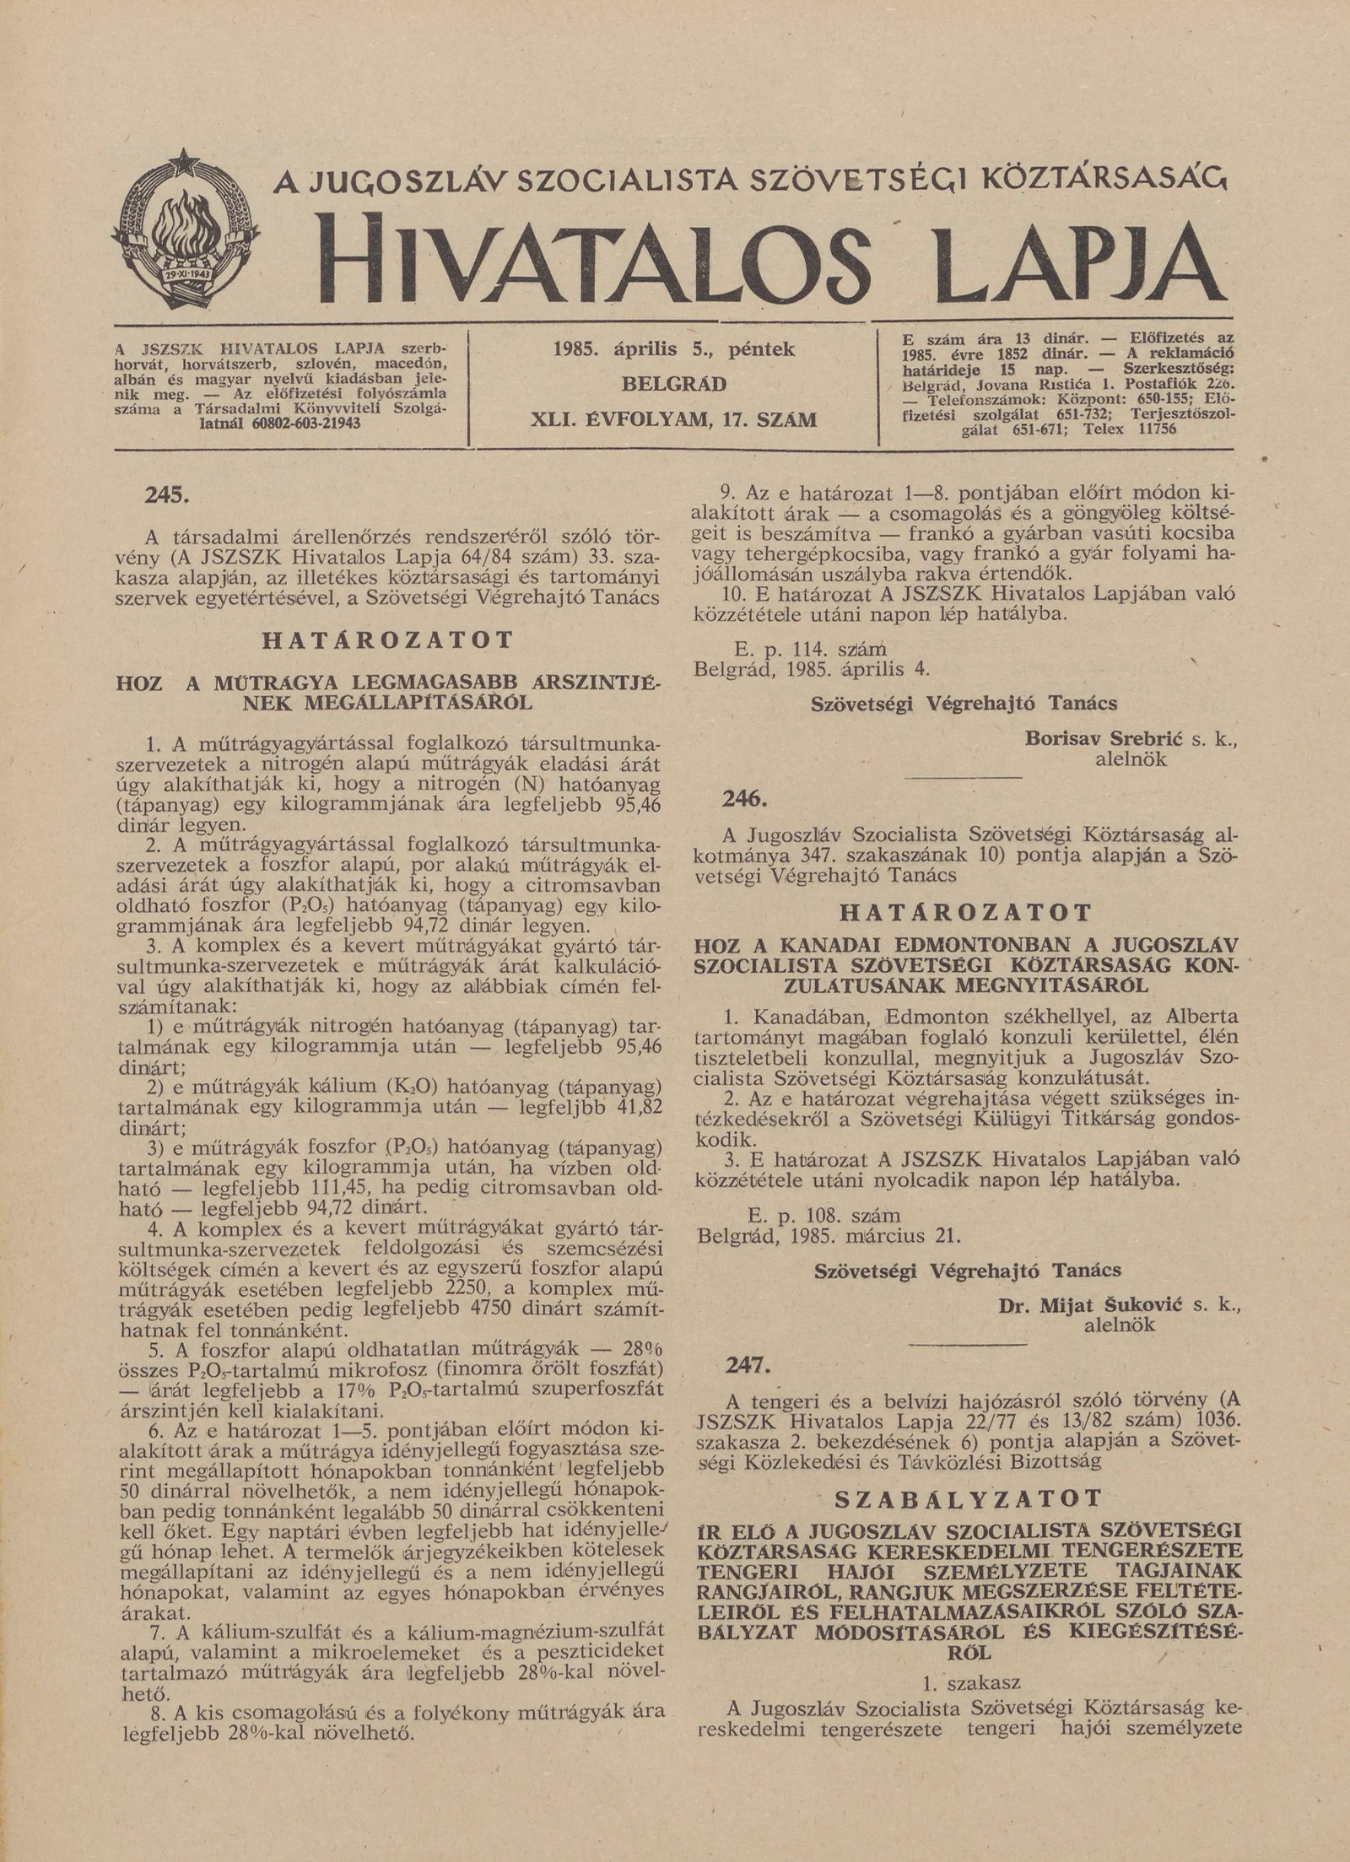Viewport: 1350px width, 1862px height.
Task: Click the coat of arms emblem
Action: coord(186,232)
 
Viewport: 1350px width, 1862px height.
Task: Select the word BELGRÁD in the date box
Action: coord(673,385)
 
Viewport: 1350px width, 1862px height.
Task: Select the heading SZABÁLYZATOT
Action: coord(968,1498)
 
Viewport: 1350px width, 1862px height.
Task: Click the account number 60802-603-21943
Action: coord(307,422)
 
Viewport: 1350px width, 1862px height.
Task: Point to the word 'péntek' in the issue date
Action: coord(762,348)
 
